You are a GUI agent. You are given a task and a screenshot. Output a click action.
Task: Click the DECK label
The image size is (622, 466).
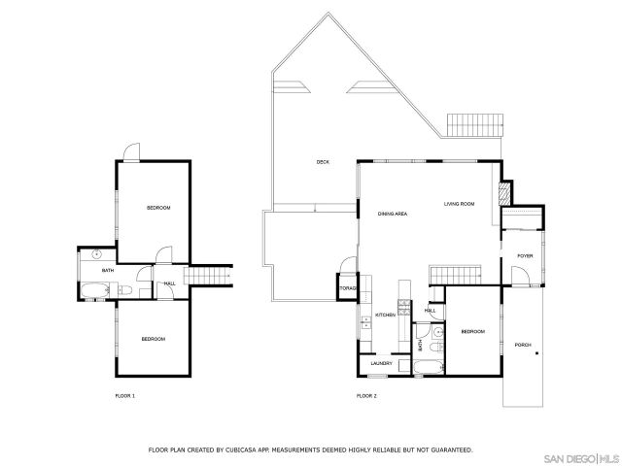(322, 162)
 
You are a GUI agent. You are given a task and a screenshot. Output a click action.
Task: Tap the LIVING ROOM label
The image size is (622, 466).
(459, 204)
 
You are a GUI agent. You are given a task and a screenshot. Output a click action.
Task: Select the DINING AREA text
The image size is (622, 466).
(393, 214)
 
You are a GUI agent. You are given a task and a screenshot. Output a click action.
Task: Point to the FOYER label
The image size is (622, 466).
(525, 256)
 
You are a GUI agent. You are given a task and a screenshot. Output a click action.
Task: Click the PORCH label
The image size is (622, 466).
(523, 345)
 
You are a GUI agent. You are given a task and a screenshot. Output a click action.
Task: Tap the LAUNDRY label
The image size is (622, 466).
(381, 364)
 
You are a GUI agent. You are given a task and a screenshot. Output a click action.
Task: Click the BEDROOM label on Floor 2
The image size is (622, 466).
(472, 332)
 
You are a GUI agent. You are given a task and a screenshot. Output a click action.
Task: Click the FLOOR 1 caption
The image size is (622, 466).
(124, 396)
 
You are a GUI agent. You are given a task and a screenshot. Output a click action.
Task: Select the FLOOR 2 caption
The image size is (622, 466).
(365, 396)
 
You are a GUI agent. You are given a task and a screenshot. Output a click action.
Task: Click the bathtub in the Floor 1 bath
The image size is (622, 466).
(94, 289)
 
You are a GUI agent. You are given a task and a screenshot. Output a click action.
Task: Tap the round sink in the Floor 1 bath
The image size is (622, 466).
(98, 254)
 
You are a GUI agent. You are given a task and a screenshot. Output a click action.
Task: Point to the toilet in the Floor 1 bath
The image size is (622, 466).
(122, 289)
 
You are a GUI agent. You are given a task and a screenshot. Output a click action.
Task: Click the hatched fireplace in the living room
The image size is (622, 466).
(503, 193)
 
